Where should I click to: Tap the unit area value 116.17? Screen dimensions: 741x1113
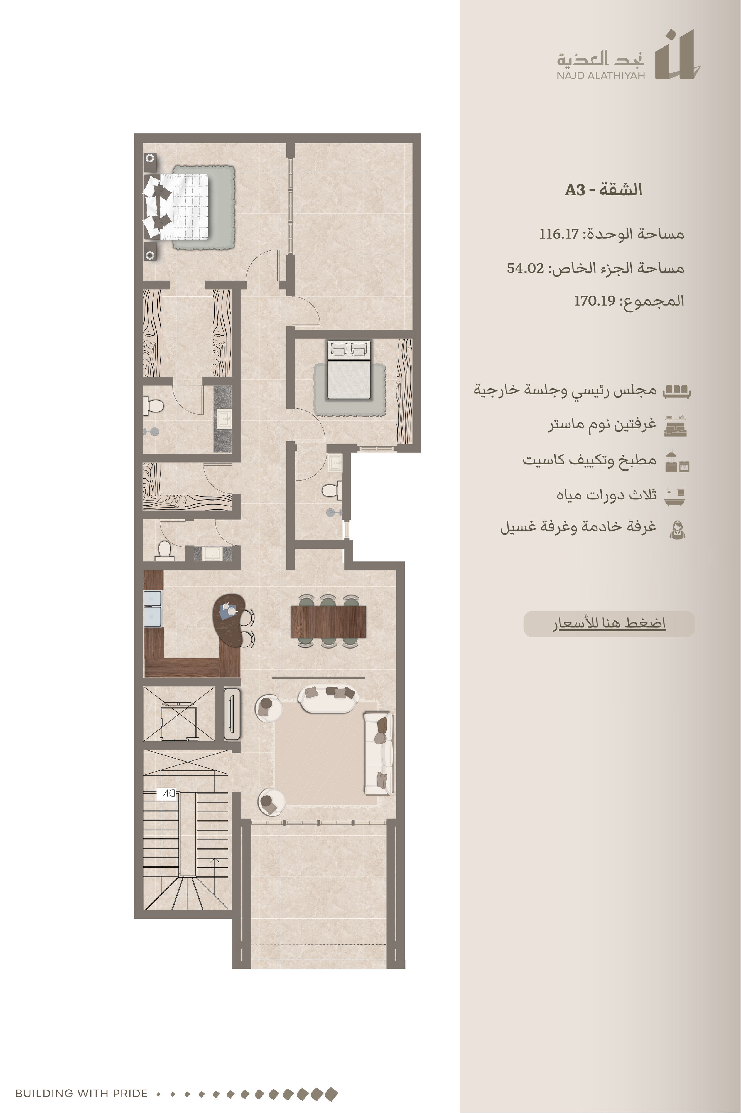coord(559,234)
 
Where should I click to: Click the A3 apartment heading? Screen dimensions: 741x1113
coord(603,190)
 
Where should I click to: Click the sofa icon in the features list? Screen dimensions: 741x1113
coord(677,391)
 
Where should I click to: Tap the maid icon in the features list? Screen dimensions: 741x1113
coord(677,529)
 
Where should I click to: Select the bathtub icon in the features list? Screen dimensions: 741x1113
coord(674,496)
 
